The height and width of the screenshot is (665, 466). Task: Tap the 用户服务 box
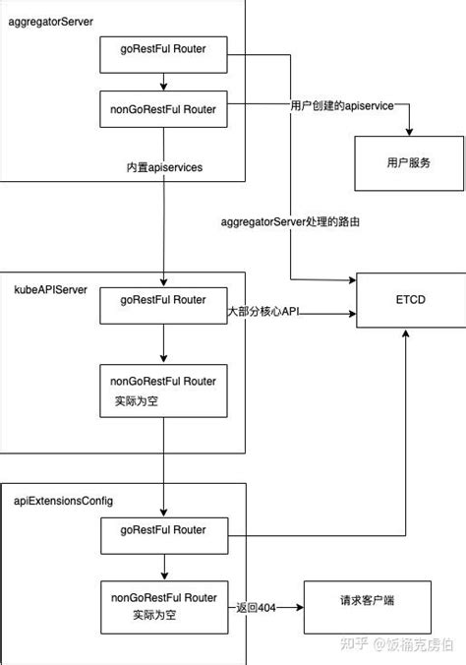[408, 162]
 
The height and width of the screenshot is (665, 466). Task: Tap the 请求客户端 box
[368, 610]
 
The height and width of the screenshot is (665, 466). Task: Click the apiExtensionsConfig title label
[63, 501]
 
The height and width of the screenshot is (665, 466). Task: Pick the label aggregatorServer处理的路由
[290, 222]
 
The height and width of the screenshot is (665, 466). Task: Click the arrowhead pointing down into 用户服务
[408, 134]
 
